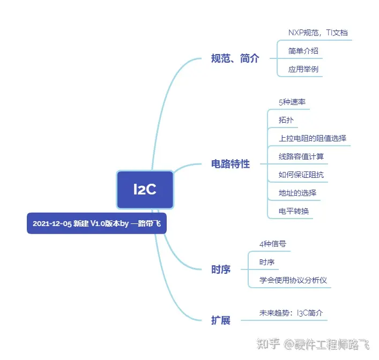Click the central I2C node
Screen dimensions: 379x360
tap(145, 190)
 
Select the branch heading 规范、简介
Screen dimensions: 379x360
tap(235, 58)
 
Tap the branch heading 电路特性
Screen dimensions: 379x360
tap(231, 164)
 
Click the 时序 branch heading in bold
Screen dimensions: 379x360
tap(221, 269)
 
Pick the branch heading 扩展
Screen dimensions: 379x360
tap(221, 320)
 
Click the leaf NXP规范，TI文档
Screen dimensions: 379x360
tap(318, 33)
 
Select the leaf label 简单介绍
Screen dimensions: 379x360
tap(303, 51)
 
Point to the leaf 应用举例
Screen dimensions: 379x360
tap(303, 69)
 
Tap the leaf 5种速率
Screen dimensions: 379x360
tap(292, 102)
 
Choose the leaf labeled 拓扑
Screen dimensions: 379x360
tap(286, 120)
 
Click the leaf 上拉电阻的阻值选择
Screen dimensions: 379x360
tap(313, 138)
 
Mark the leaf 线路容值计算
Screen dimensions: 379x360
tap(301, 156)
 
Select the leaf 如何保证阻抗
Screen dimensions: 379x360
tap(301, 175)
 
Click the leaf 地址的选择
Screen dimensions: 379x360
tap(298, 193)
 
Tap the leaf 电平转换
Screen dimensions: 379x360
tap(294, 211)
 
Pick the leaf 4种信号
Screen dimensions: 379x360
tap(273, 244)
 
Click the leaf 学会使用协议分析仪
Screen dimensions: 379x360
tap(293, 280)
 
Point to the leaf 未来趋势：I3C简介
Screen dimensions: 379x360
tap(291, 313)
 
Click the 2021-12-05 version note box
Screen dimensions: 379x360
tap(96, 223)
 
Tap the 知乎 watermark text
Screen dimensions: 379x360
tap(268, 343)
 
